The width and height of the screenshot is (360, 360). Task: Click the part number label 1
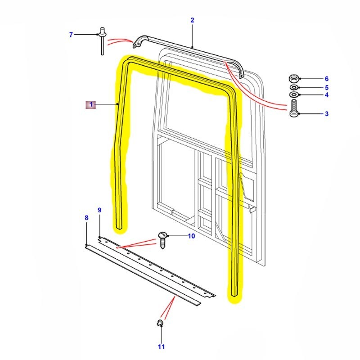point(91,105)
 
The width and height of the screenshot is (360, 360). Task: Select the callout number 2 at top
point(192,20)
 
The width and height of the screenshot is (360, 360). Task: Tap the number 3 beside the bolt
point(327,114)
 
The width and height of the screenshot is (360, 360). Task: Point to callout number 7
point(71,35)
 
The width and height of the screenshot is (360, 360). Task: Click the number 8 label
point(86,218)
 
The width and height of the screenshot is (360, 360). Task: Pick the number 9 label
point(99,210)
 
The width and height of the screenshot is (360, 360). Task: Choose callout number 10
point(191,236)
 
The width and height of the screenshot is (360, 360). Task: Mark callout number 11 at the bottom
point(161,346)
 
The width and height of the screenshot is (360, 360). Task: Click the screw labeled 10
point(162,238)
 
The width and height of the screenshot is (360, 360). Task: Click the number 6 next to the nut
point(327,79)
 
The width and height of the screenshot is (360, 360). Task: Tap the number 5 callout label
point(327,87)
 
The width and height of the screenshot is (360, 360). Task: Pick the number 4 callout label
point(327,95)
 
